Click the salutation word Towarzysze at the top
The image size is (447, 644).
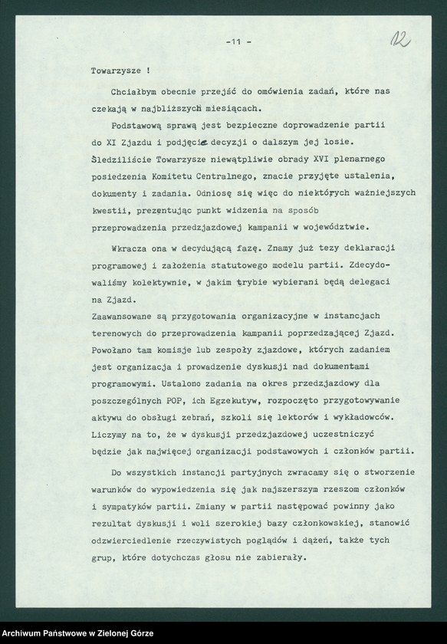113,69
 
